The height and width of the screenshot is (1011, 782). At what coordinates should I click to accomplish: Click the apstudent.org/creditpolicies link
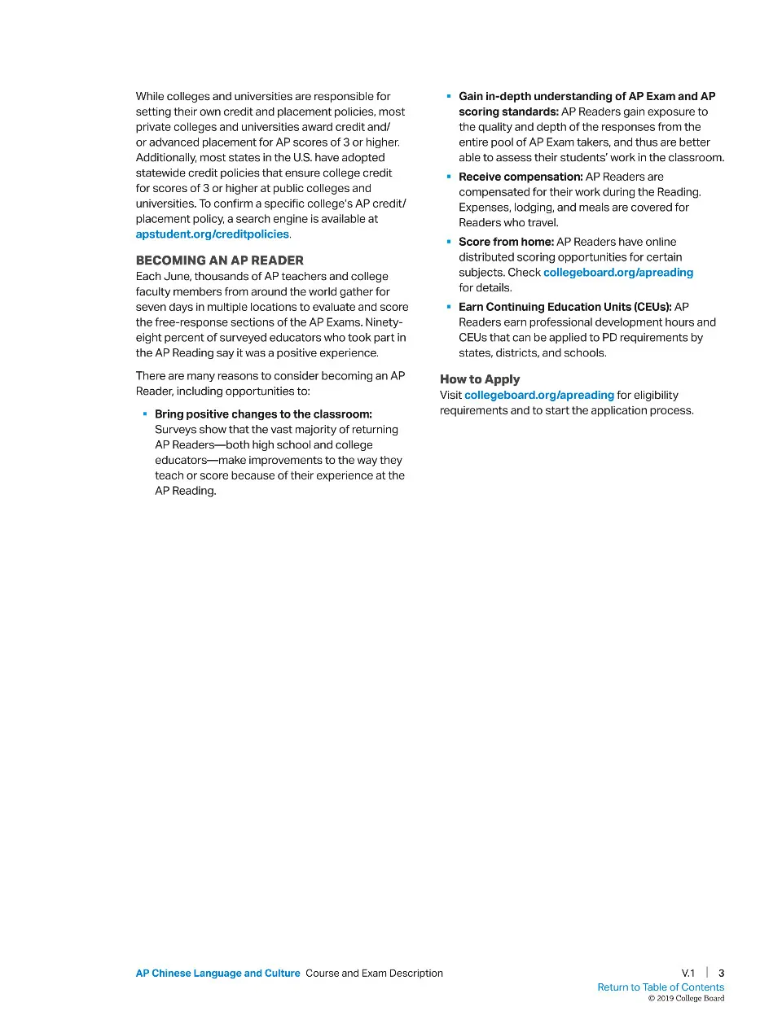(x=212, y=234)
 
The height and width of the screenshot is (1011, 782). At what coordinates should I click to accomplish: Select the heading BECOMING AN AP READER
(x=219, y=260)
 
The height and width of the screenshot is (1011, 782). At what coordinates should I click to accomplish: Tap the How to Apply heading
(x=479, y=379)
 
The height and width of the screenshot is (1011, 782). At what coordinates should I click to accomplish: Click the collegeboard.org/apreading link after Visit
(x=538, y=396)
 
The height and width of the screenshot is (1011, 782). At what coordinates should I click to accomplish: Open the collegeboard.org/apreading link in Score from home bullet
(x=617, y=273)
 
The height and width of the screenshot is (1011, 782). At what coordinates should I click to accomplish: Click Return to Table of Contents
(x=660, y=987)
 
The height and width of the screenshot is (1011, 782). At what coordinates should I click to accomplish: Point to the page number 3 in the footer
(x=721, y=973)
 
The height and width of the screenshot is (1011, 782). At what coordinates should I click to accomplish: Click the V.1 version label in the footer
(x=688, y=973)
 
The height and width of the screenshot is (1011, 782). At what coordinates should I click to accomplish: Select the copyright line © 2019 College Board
(x=686, y=999)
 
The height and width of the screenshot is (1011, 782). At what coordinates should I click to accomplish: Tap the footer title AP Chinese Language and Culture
(x=217, y=974)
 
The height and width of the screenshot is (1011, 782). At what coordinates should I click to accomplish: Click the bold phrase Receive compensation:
(x=521, y=177)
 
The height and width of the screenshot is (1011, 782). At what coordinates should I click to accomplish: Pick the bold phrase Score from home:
(x=506, y=242)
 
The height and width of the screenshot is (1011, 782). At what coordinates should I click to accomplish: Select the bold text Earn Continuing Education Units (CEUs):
(x=565, y=307)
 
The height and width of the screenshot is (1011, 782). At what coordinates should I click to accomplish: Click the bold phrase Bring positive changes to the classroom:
(x=263, y=414)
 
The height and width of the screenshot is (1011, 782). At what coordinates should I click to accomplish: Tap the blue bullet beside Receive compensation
(x=448, y=177)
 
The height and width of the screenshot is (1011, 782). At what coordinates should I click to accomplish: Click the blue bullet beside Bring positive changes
(x=145, y=414)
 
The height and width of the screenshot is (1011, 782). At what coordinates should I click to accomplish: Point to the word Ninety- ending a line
(x=384, y=322)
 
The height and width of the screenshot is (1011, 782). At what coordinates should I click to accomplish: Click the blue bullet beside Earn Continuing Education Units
(x=448, y=307)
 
